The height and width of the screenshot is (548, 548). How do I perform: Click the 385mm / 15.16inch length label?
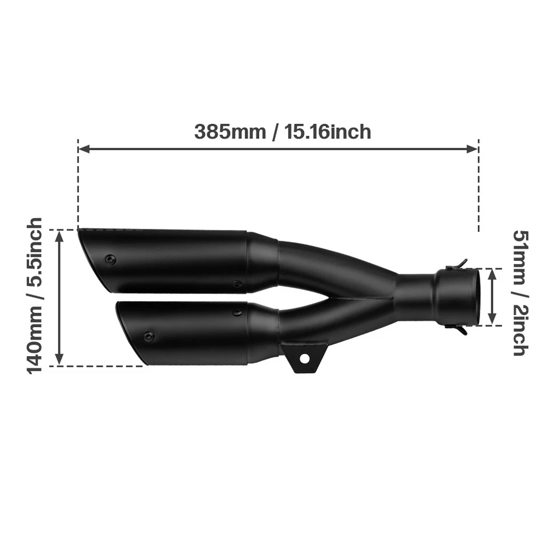[283, 132]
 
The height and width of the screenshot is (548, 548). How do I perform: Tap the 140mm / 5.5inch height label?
[35, 296]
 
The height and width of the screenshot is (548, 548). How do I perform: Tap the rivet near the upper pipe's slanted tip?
[110, 260]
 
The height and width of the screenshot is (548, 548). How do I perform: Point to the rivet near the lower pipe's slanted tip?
[148, 337]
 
